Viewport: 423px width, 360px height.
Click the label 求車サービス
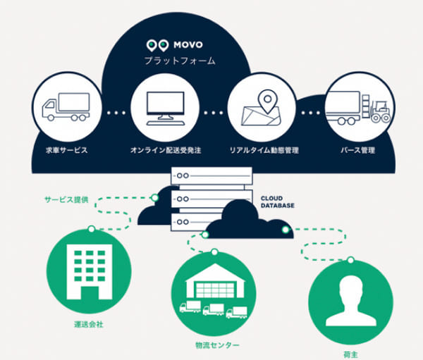(x=64, y=150)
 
